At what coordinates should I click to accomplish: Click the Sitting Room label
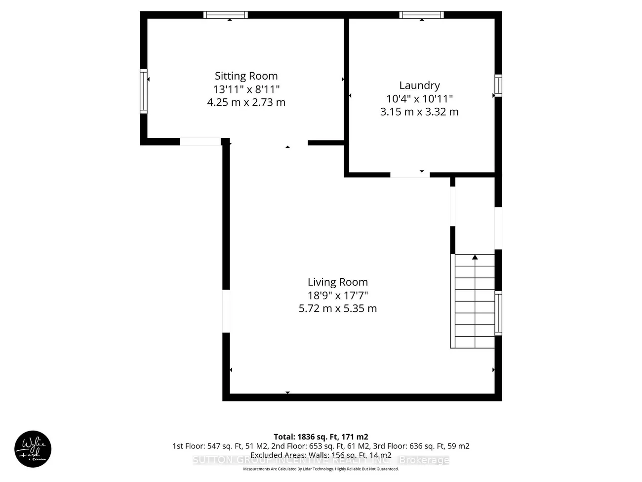246,76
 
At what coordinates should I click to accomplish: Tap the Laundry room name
419,86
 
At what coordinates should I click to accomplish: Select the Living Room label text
337,282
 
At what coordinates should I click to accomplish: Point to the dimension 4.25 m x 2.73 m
246,103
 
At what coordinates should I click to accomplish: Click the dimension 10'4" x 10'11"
419,99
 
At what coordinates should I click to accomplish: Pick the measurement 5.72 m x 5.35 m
337,308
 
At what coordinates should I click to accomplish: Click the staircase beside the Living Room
474,302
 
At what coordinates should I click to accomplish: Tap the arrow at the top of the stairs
475,258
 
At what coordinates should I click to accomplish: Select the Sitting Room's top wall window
226,15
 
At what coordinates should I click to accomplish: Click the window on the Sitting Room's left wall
144,91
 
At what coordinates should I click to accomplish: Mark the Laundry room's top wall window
421,15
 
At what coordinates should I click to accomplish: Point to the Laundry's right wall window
498,86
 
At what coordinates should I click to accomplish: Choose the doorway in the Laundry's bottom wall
410,175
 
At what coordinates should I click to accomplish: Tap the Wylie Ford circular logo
33,449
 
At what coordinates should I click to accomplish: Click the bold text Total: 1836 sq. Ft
321,437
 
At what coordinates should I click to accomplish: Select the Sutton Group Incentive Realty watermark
321,460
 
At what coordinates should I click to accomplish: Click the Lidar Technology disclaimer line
321,469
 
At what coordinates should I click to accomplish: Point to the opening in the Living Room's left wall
226,310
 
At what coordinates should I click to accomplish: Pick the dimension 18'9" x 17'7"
337,296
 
